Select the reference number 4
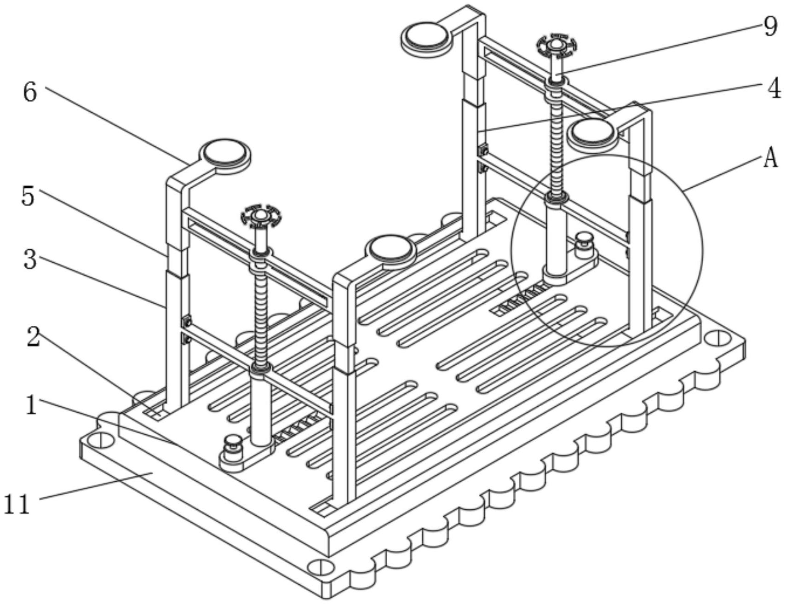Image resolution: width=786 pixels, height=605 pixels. coord(774,88)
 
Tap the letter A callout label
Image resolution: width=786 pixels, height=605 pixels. coord(770,159)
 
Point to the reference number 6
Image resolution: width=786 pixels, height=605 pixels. coord(30,92)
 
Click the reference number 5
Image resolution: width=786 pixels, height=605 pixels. coord(28,196)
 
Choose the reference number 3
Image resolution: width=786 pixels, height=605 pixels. coord(30,260)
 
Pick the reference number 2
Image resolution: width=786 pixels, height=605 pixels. coord(33,338)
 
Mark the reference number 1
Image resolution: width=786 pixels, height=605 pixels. coord(31,406)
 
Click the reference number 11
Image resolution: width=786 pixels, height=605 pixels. coord(17,503)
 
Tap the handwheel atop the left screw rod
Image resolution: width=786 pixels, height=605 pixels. coord(261,215)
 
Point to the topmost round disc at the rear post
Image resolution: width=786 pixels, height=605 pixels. coord(425,38)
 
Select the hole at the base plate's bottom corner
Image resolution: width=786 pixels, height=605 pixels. coord(321,567)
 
